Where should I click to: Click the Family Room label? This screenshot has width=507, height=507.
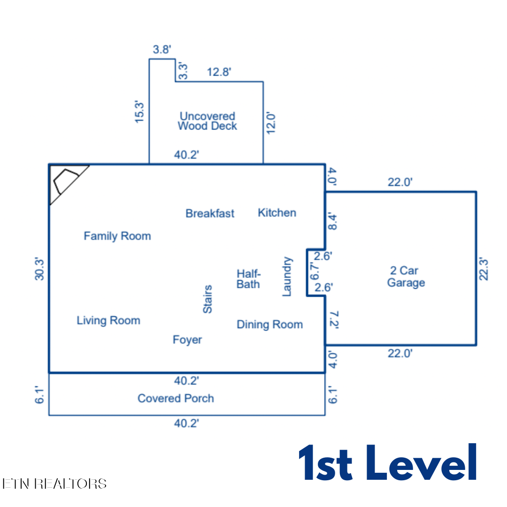click(x=117, y=236)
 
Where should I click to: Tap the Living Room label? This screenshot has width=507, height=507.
click(x=108, y=321)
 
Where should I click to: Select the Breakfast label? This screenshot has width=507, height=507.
click(x=210, y=214)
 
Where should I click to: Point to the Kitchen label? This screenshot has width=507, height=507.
click(x=277, y=213)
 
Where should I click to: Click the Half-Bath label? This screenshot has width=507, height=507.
click(x=249, y=279)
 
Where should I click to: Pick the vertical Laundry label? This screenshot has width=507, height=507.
click(x=287, y=277)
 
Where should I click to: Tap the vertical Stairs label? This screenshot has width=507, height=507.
click(x=207, y=299)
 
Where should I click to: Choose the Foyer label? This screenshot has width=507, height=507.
click(x=187, y=340)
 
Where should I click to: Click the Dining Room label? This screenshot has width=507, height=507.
click(x=270, y=324)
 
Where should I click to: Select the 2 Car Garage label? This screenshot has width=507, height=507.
click(x=406, y=277)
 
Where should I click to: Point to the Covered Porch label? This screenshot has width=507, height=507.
click(x=176, y=399)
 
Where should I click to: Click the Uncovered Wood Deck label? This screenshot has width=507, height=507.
click(x=207, y=121)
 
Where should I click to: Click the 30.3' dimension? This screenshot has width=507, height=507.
click(x=39, y=269)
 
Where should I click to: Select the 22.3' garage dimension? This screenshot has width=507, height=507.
click(x=484, y=269)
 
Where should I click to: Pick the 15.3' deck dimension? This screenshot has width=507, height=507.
click(x=139, y=112)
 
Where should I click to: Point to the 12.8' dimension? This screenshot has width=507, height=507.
click(x=219, y=72)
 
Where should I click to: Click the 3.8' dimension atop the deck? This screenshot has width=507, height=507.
click(x=162, y=49)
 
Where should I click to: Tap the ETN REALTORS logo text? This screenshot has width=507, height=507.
click(x=54, y=484)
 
